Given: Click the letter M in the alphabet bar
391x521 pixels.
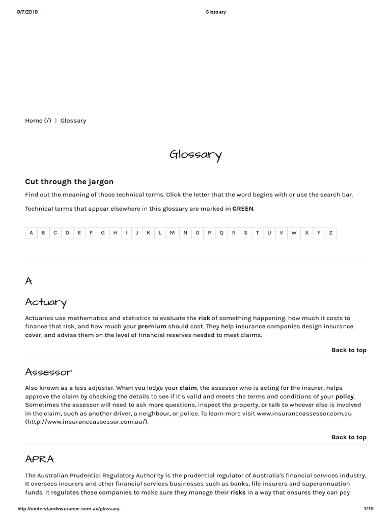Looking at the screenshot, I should click(x=172, y=233).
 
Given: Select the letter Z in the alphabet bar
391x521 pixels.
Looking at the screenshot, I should click(x=330, y=233).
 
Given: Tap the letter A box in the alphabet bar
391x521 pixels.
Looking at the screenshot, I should click(x=31, y=233).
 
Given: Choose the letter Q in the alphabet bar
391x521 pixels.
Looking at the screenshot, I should click(x=221, y=233).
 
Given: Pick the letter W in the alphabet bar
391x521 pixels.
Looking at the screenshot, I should click(x=294, y=233).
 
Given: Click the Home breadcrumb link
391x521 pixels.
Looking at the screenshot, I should click(x=38, y=121).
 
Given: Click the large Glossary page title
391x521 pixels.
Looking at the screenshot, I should click(x=195, y=155).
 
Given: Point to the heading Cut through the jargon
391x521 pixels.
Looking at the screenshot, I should click(x=69, y=182).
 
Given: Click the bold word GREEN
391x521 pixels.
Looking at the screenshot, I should click(x=243, y=209).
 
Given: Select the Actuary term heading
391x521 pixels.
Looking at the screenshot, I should click(x=46, y=303).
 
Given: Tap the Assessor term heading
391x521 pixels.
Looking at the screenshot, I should click(x=49, y=372).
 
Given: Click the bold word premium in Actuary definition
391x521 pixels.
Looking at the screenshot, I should click(x=152, y=327).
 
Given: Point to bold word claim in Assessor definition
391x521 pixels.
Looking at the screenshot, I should click(x=188, y=388).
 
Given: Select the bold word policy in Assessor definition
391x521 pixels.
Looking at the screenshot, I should click(x=344, y=396).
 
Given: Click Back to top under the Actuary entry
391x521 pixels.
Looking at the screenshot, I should click(x=349, y=350).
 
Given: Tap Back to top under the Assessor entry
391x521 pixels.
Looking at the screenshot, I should click(x=349, y=437).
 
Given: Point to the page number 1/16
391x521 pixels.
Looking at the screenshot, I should click(x=369, y=509).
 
